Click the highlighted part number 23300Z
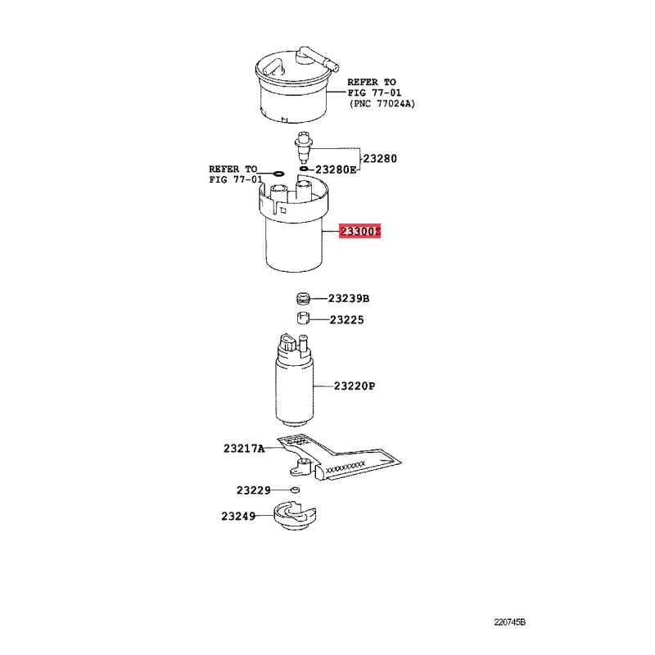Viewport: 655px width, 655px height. (x=360, y=231)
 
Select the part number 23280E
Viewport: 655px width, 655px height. (x=337, y=169)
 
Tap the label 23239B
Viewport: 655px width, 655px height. (x=349, y=299)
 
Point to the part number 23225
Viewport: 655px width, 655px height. (x=346, y=320)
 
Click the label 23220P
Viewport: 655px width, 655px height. (x=355, y=386)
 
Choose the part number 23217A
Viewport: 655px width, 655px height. (x=244, y=449)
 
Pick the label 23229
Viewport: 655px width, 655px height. (x=254, y=490)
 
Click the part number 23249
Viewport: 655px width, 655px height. (x=238, y=517)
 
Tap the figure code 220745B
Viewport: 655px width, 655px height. (x=509, y=622)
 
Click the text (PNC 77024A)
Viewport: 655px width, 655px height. (x=382, y=104)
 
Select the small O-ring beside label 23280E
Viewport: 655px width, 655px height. (x=304, y=169)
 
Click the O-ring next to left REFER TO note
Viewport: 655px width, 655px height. (x=278, y=174)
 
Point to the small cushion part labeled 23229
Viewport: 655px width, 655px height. (x=295, y=490)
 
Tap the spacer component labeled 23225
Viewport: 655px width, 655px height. (x=303, y=318)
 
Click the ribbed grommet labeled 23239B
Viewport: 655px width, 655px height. (x=303, y=298)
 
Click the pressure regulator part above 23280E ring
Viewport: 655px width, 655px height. (x=303, y=148)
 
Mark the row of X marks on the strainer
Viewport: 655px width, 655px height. (x=345, y=467)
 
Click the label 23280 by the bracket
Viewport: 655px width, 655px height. (x=380, y=159)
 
